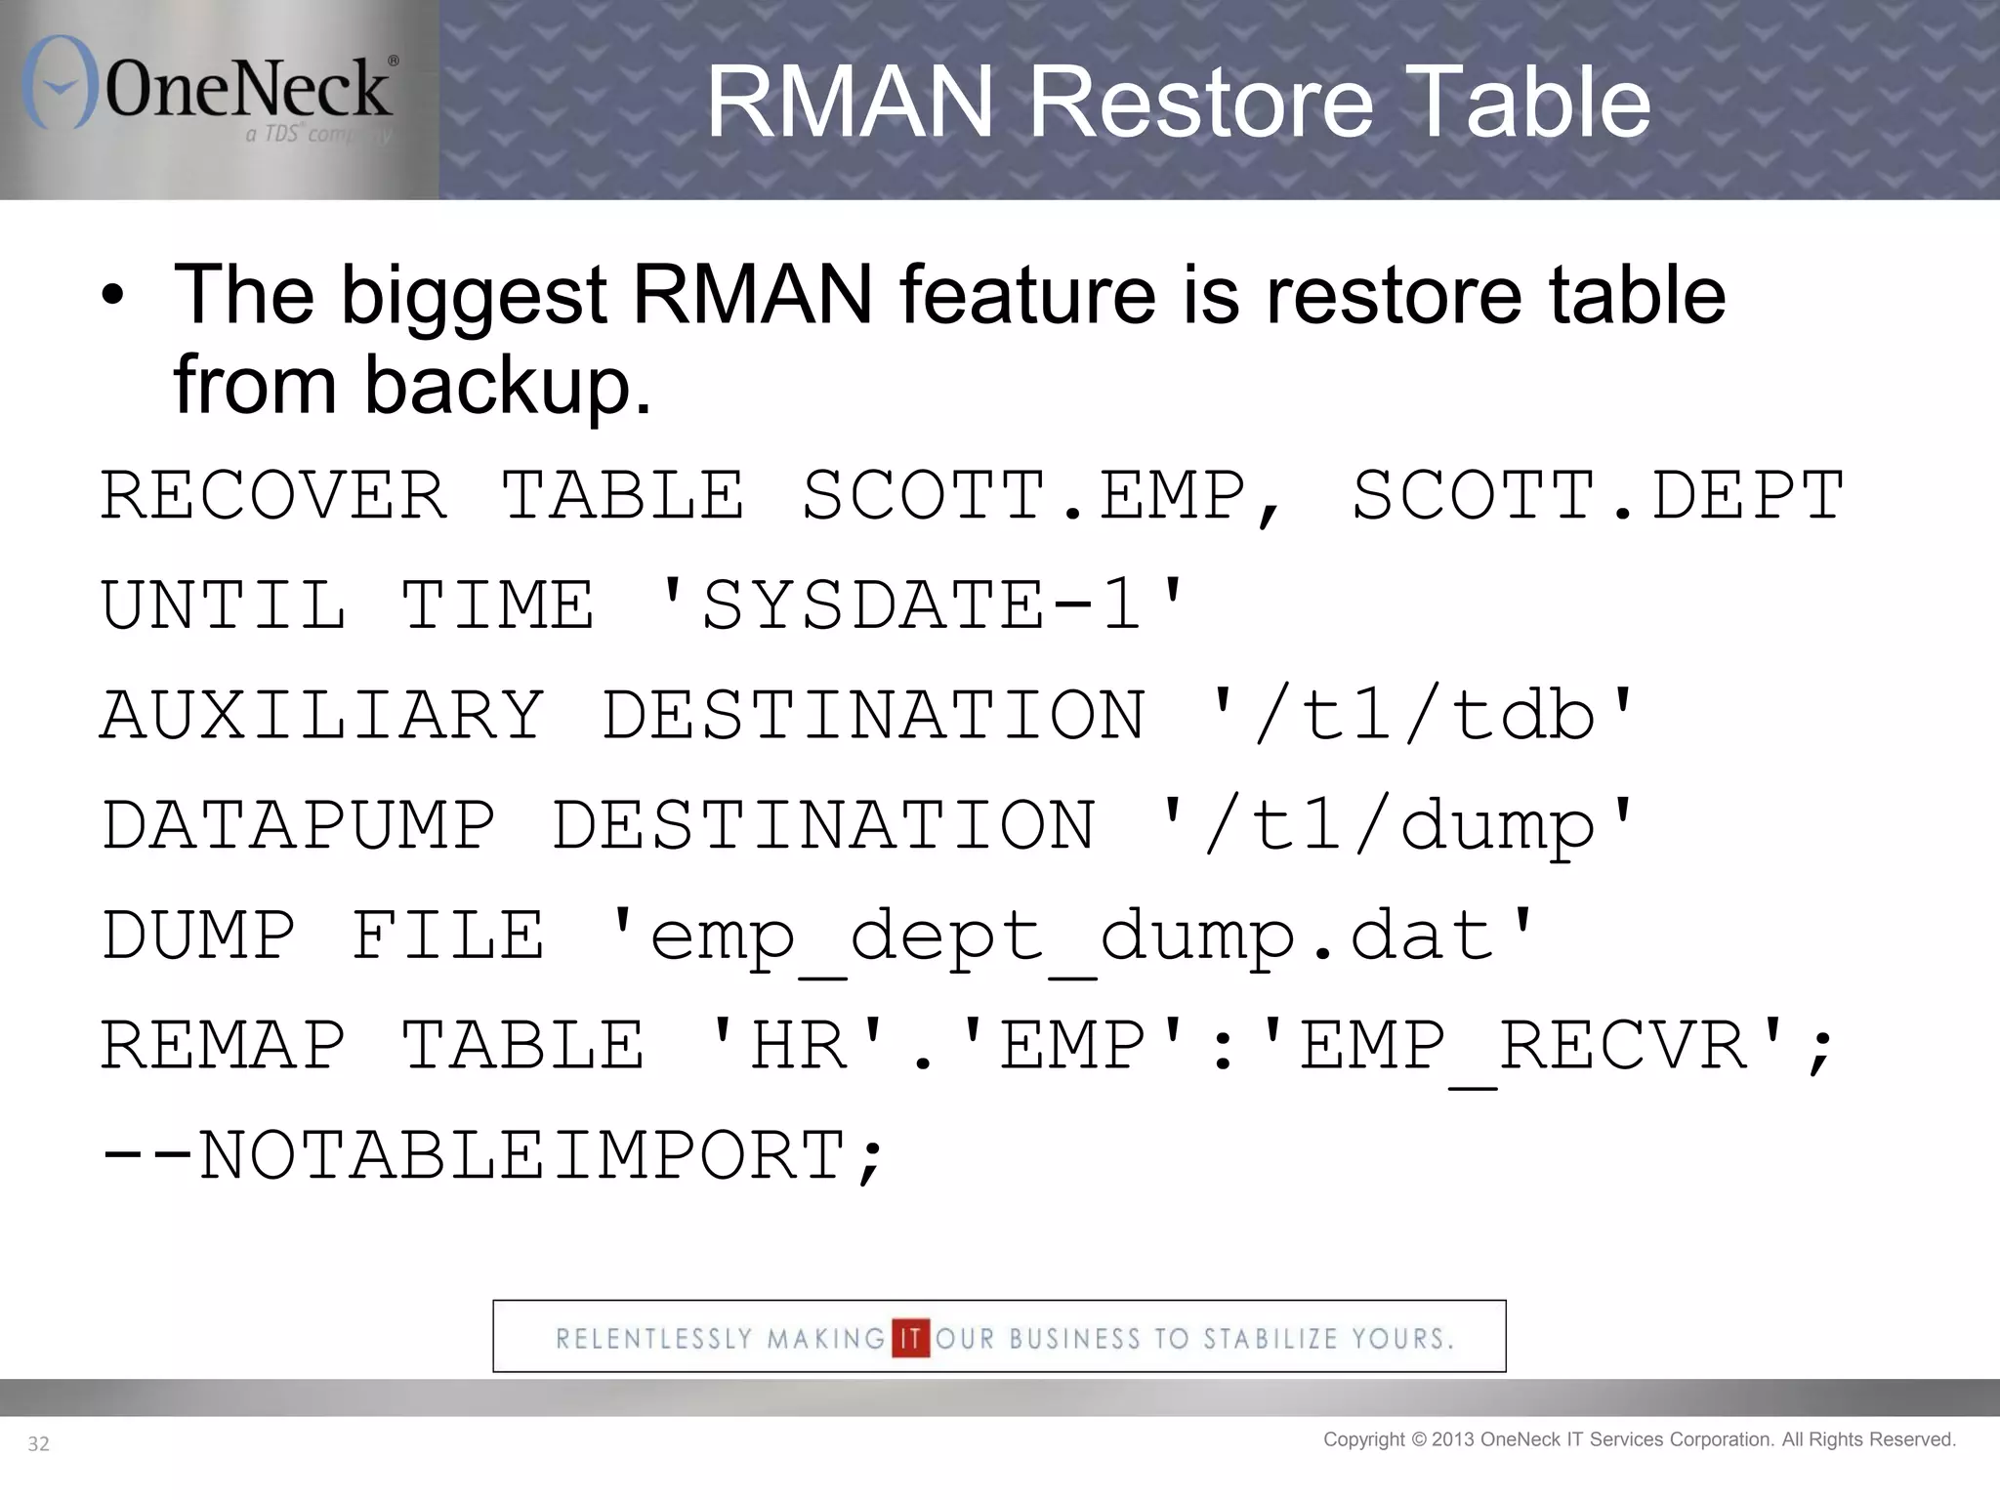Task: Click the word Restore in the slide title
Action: tap(1200, 102)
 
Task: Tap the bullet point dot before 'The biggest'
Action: tap(113, 296)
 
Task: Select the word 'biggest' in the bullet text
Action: tap(474, 296)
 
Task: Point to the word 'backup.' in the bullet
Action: tap(508, 386)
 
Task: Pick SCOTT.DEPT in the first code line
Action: tap(1598, 495)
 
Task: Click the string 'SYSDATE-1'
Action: tap(922, 605)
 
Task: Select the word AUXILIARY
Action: tap(322, 716)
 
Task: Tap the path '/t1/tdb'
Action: tap(1423, 716)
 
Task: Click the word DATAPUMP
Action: tap(298, 826)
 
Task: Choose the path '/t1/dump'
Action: tap(1396, 826)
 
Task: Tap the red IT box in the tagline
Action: tap(910, 1338)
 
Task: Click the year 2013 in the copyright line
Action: tap(1453, 1439)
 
